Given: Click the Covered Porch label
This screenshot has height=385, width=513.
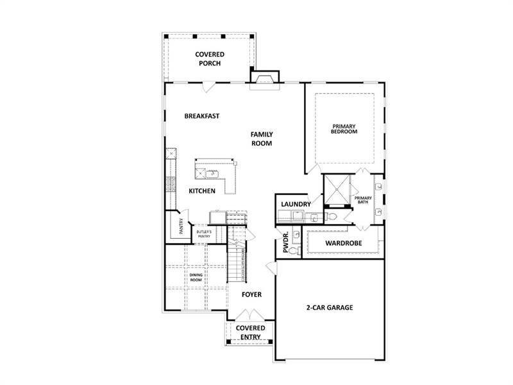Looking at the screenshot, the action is [210, 58].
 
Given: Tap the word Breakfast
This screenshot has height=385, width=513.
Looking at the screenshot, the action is [202, 116].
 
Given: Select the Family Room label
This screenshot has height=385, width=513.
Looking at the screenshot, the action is [262, 139].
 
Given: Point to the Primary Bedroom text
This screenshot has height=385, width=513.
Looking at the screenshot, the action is [344, 129].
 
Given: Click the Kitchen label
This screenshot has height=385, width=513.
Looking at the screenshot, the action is [202, 191].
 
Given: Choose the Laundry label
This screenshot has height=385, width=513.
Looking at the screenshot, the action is [296, 204].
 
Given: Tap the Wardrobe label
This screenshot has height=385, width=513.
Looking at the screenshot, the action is [344, 243].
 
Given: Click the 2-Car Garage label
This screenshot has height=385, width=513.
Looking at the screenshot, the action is [330, 307].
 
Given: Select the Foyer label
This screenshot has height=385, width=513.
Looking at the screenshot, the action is [251, 295].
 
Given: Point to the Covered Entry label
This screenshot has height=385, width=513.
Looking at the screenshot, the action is [250, 332].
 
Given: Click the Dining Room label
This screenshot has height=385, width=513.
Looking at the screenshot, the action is [196, 277].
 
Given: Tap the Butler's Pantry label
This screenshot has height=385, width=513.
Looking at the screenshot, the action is [204, 234].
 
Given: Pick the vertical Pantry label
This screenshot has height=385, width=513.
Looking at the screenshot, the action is [181, 226].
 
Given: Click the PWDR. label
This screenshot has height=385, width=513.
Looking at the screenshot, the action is [285, 243].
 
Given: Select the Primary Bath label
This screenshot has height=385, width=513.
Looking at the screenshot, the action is [363, 200].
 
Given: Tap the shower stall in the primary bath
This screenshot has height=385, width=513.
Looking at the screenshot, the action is [337, 189].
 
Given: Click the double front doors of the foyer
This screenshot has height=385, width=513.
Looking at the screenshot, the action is [249, 314].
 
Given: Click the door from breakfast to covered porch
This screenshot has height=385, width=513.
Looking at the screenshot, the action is [209, 87].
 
